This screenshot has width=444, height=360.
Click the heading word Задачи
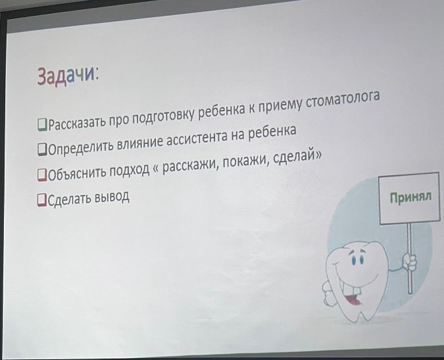click(x=67, y=76)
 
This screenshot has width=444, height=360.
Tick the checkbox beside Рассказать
click(x=42, y=125)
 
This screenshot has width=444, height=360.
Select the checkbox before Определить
click(x=42, y=149)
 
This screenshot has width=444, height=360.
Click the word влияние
click(x=140, y=142)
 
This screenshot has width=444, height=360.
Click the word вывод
click(x=112, y=197)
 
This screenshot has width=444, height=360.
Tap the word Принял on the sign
click(x=410, y=197)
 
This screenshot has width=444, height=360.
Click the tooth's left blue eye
click(x=353, y=260)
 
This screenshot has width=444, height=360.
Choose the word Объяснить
click(x=77, y=174)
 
